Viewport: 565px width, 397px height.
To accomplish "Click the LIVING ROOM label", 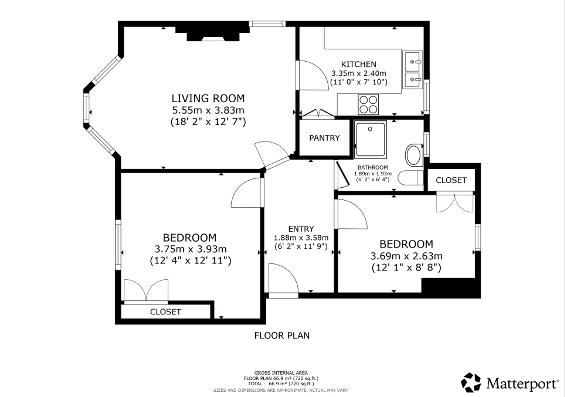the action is pyautogui.click(x=208, y=98).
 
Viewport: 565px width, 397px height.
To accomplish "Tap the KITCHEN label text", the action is pyautogui.click(x=359, y=64).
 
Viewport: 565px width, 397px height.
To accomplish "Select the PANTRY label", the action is pyautogui.click(x=324, y=138).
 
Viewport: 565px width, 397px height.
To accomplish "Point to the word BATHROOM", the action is pyautogui.click(x=373, y=168).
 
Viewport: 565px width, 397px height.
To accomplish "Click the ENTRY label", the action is pyautogui.click(x=301, y=229).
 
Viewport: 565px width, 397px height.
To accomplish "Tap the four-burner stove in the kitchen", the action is pyautogui.click(x=368, y=105).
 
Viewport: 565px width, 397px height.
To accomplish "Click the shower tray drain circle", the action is pyautogui.click(x=370, y=129).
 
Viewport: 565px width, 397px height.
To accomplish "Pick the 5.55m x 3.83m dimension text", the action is pyautogui.click(x=208, y=110).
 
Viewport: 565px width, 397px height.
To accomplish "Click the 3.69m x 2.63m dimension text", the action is pyautogui.click(x=406, y=256).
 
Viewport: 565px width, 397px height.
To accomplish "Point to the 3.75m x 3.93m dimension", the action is pyautogui.click(x=190, y=249).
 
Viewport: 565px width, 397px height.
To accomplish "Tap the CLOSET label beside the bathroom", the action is pyautogui.click(x=451, y=180).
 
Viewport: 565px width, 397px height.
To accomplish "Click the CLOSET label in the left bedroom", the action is pyautogui.click(x=166, y=312).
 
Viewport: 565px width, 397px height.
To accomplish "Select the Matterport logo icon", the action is pyautogui.click(x=471, y=383).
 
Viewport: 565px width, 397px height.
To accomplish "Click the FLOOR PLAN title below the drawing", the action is pyautogui.click(x=282, y=335).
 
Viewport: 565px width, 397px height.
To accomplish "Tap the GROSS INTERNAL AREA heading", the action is pyautogui.click(x=281, y=373).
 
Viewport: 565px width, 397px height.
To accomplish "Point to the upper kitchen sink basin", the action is pyautogui.click(x=412, y=61).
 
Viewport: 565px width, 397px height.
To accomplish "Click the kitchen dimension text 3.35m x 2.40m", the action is pyautogui.click(x=359, y=73).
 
